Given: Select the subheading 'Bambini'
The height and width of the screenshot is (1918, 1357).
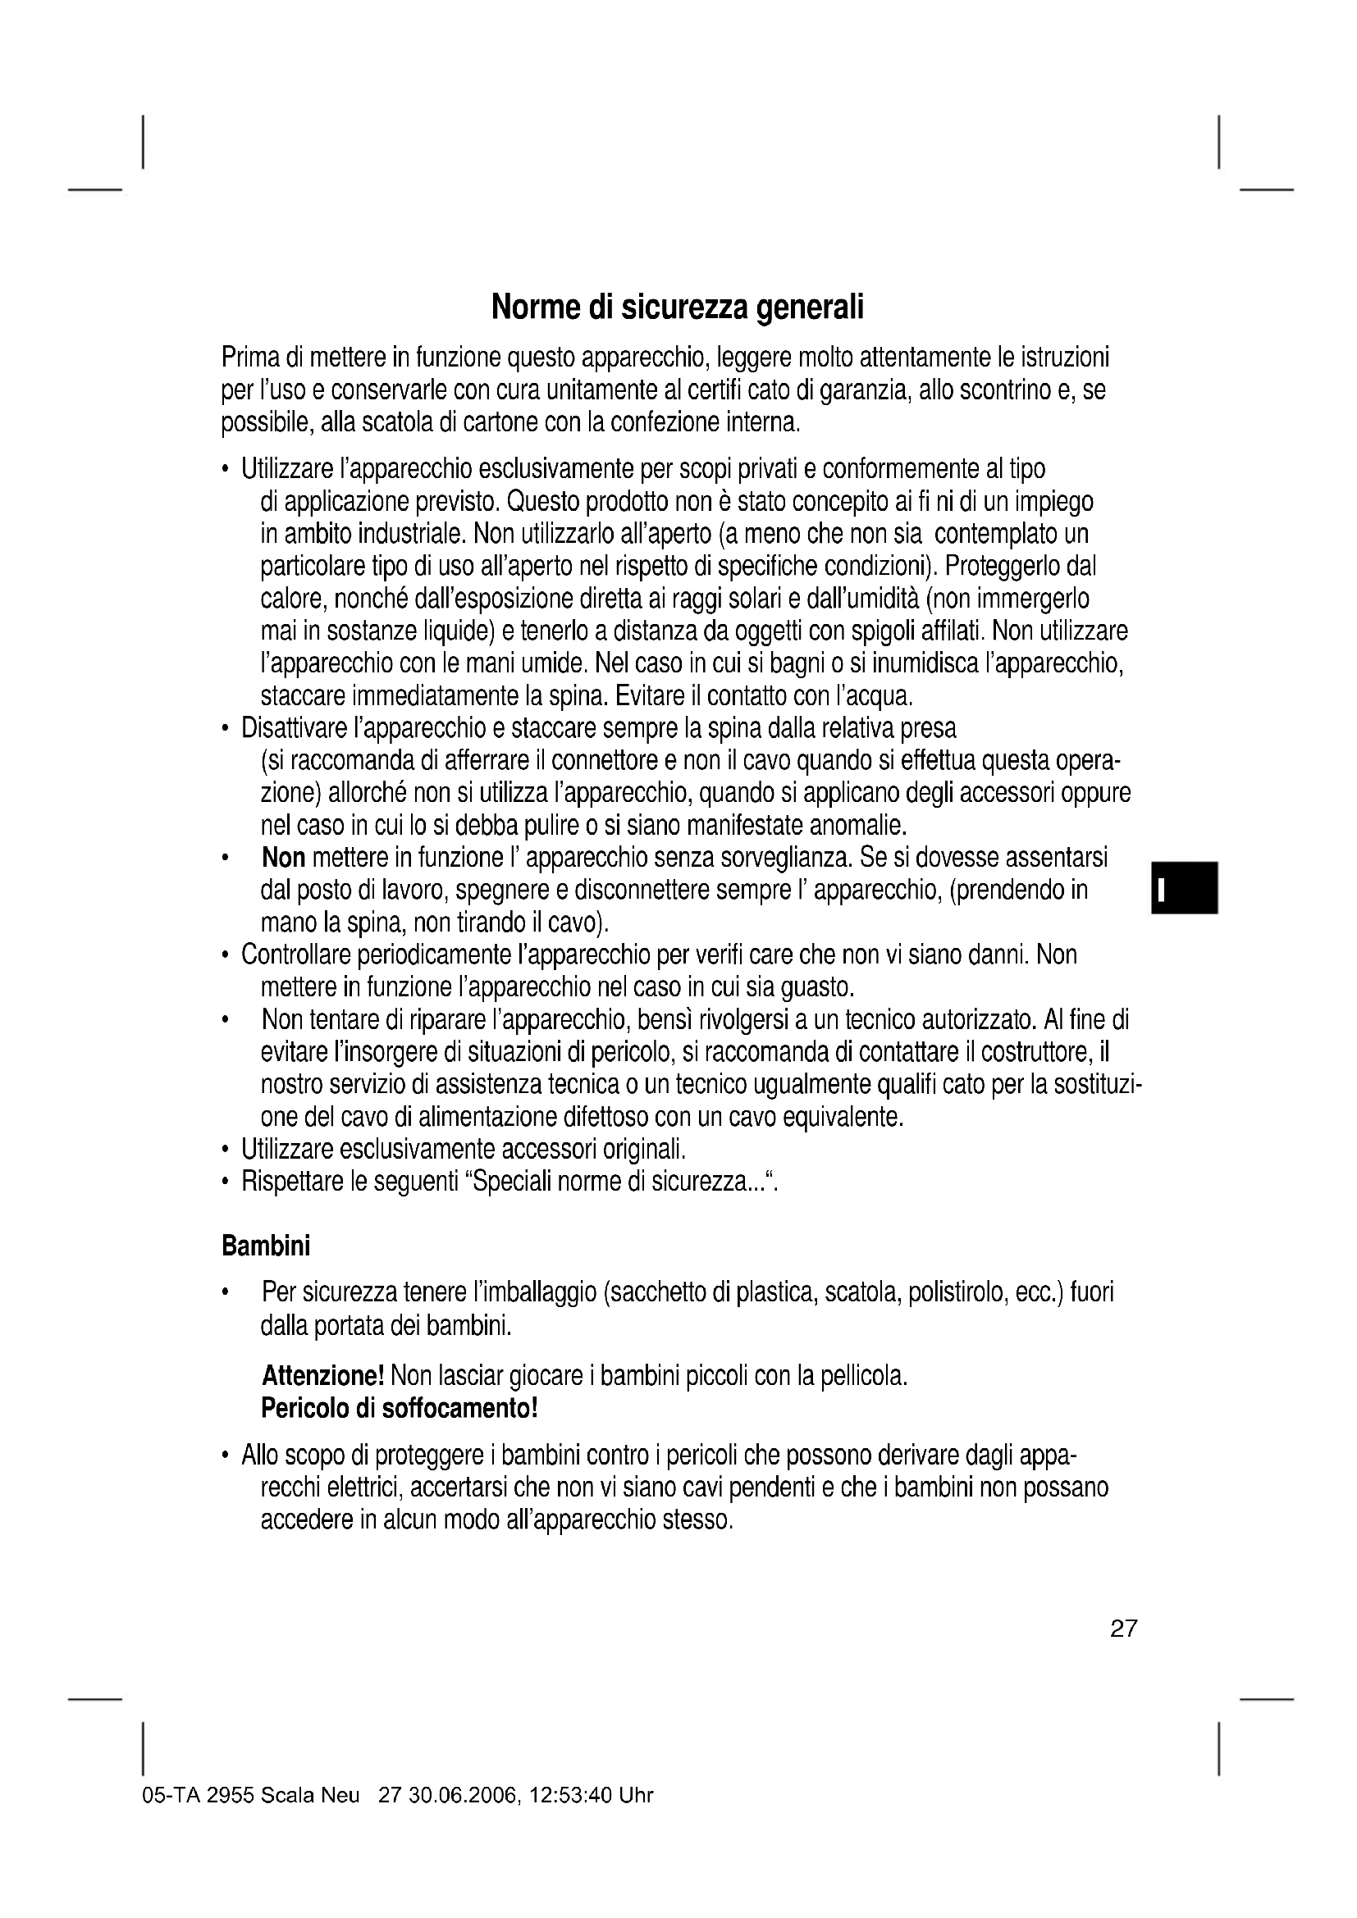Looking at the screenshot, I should pyautogui.click(x=266, y=1246).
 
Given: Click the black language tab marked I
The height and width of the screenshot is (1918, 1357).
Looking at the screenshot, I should pyautogui.click(x=1184, y=888).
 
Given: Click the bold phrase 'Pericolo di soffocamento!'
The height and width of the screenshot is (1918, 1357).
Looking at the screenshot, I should pyautogui.click(x=400, y=1409).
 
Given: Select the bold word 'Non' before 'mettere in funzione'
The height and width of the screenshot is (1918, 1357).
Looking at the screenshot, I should pyautogui.click(x=283, y=858).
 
